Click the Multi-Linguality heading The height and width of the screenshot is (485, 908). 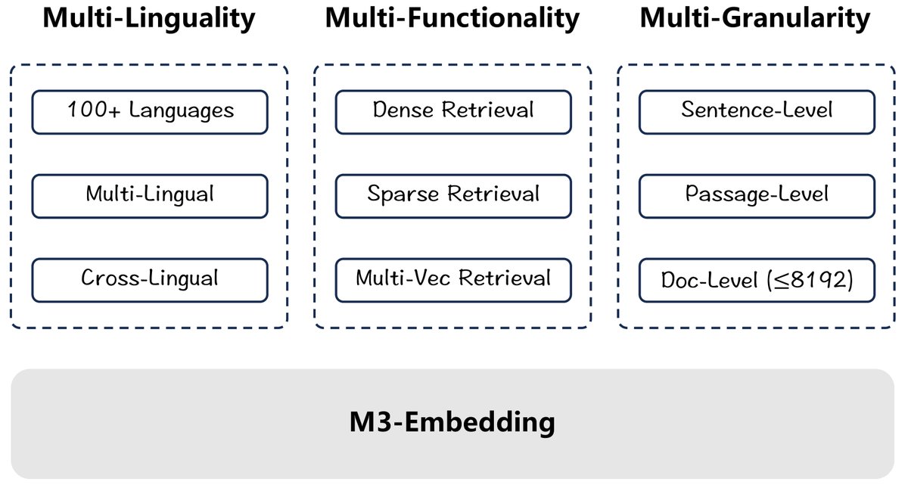click(149, 19)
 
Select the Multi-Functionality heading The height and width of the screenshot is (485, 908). click(452, 19)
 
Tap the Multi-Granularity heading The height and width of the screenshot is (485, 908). click(755, 19)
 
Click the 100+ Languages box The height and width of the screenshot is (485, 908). click(150, 112)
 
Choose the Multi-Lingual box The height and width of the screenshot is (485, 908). click(150, 196)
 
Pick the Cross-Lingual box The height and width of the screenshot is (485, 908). click(150, 279)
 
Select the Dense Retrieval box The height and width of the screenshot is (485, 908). click(453, 112)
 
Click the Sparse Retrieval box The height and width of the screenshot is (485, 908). click(453, 196)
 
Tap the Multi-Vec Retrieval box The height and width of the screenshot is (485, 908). click(453, 279)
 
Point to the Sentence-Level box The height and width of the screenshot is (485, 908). click(757, 112)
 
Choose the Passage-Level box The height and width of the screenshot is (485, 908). click(757, 196)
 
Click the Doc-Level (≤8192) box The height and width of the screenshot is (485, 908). click(757, 279)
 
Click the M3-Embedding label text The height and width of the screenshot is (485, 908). click(452, 421)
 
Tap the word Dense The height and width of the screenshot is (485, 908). click(404, 110)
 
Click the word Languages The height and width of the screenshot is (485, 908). click(181, 112)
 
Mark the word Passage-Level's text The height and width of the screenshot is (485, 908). click(757, 195)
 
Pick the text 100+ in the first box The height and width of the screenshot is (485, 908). click(92, 111)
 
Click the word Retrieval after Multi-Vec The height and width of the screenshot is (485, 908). click(505, 278)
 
